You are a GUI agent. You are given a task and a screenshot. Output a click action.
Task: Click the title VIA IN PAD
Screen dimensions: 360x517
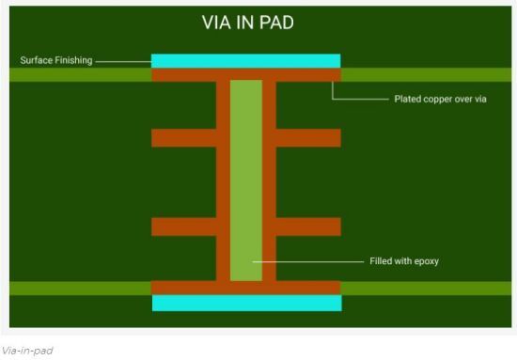(x=247, y=23)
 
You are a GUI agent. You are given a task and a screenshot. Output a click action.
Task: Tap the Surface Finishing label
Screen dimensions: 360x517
(x=56, y=61)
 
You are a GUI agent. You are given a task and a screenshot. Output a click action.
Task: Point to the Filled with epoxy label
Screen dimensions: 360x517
(x=403, y=260)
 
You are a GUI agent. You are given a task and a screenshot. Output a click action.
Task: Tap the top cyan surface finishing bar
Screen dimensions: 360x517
(x=245, y=61)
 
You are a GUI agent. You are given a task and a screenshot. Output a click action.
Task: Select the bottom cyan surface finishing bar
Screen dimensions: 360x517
(x=246, y=303)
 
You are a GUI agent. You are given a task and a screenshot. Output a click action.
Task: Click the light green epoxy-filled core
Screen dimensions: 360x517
(x=246, y=179)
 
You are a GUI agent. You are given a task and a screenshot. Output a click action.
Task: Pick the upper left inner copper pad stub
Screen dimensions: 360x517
(x=183, y=138)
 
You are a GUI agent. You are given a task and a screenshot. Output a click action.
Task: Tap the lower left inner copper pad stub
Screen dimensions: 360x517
(x=183, y=227)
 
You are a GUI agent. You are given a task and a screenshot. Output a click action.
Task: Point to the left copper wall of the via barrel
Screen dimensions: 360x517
(x=223, y=179)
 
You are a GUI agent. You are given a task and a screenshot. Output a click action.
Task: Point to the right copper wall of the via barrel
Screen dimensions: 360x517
(x=269, y=179)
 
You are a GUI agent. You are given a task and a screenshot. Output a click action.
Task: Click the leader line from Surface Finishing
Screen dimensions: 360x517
(x=122, y=61)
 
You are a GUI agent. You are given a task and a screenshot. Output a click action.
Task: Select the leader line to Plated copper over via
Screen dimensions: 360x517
(x=362, y=98)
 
